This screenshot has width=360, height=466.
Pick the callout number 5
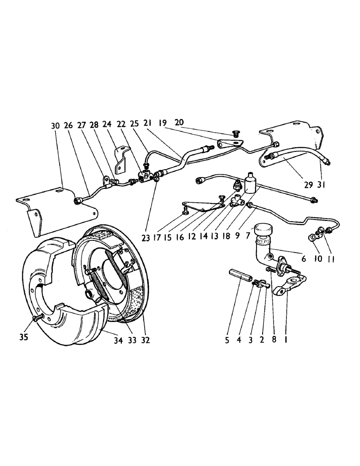coord(227,340)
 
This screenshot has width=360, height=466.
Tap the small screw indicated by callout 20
coord(235,135)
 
